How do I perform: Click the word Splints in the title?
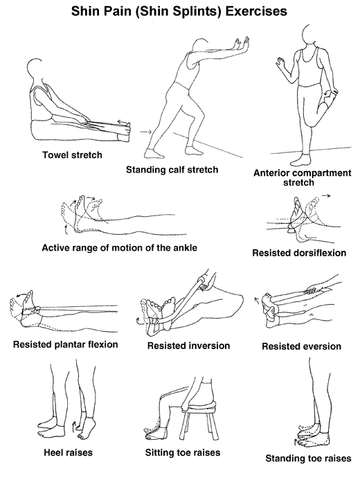(190, 11)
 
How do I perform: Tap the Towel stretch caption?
(72, 155)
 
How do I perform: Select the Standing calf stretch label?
(172, 170)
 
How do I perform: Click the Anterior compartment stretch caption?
(302, 177)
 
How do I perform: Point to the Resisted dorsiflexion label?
(299, 253)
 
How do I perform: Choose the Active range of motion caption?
(119, 248)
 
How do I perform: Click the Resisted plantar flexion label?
(66, 344)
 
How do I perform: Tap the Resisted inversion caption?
(188, 346)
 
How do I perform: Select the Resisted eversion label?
(302, 346)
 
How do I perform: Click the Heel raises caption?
(68, 452)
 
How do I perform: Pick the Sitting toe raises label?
(183, 452)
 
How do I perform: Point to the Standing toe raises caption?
(308, 459)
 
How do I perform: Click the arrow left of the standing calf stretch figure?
(145, 132)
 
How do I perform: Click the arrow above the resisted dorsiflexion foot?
(326, 195)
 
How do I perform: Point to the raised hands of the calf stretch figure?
(241, 44)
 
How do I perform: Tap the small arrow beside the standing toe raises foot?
(295, 442)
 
